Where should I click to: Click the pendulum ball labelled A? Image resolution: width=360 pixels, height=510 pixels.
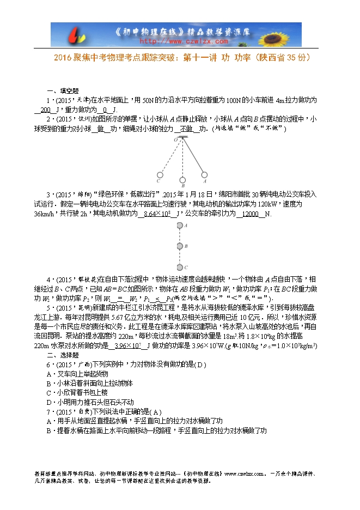205,175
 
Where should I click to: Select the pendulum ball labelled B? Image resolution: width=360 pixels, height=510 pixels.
182,180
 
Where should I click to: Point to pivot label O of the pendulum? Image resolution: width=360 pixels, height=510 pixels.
176,139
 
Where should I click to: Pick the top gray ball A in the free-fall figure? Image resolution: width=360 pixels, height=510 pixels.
180,225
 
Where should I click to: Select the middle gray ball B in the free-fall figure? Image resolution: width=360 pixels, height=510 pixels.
180,246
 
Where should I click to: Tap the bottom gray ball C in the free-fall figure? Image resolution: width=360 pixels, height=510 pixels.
180,267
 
